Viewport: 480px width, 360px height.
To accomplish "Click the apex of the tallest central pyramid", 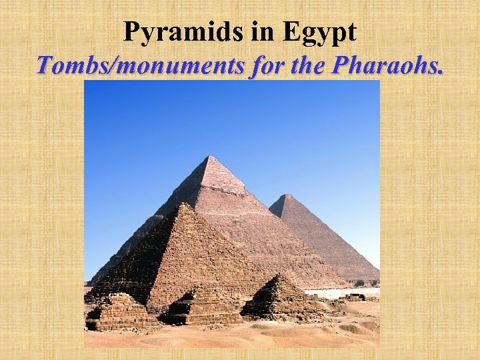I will click(209, 157).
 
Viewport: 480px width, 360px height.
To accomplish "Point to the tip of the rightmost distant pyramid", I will click(286, 195).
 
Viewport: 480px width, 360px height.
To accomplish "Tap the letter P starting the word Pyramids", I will click(131, 33).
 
